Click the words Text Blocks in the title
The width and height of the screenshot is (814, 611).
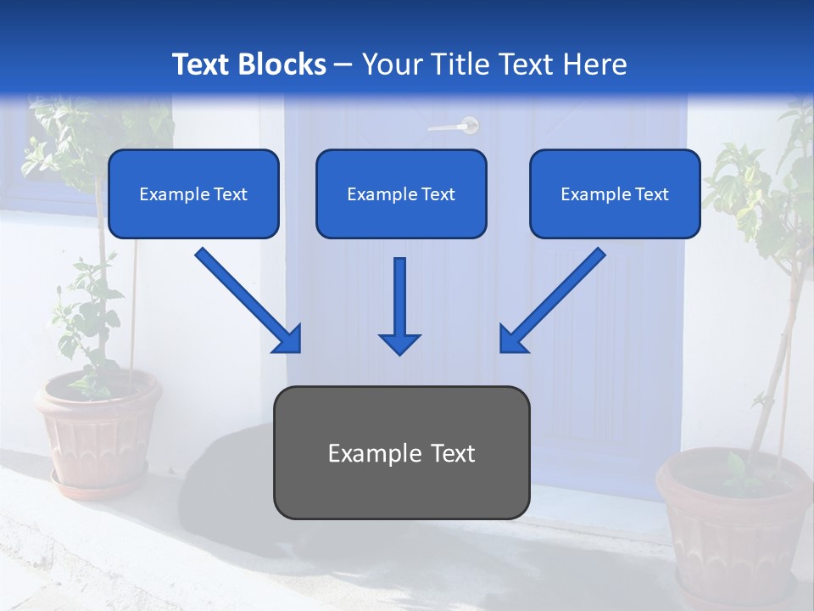pos(248,64)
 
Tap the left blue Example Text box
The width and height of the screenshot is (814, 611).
pos(193,194)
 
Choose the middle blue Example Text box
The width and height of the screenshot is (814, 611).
pos(401,194)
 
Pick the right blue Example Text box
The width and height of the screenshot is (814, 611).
pos(615,194)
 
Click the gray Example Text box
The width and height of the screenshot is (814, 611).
pos(401,452)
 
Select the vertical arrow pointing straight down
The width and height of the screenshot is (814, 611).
pos(399,305)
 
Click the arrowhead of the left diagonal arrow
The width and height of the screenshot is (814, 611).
pos(287,339)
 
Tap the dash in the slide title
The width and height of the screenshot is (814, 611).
pos(343,65)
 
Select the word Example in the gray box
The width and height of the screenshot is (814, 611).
pos(365,453)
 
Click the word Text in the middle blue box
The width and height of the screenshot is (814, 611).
pos(438,194)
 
